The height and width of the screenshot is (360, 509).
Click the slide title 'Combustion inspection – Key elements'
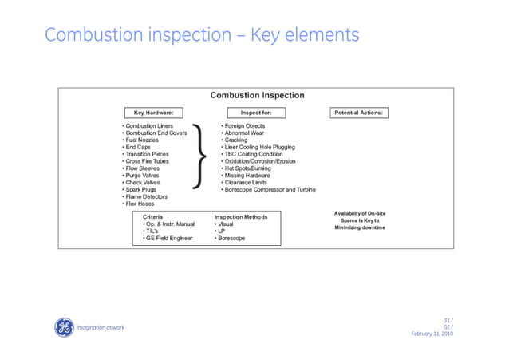coord(202,36)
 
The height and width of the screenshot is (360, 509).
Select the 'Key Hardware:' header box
coord(153,113)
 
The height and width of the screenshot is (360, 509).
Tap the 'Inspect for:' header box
coord(256,113)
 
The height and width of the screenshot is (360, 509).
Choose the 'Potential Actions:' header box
coord(359,113)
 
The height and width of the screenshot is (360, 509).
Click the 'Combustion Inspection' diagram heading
coord(257,96)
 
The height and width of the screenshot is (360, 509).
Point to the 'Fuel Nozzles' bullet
coord(143,140)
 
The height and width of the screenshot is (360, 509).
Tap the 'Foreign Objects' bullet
coord(244,126)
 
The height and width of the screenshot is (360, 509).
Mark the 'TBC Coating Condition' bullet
coord(254,154)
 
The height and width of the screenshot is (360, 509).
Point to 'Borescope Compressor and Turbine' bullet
coord(269,189)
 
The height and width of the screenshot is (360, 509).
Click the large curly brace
coord(203,158)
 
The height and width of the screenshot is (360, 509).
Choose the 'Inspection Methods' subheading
coord(241,216)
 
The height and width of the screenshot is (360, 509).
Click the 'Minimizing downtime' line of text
coord(359,228)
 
